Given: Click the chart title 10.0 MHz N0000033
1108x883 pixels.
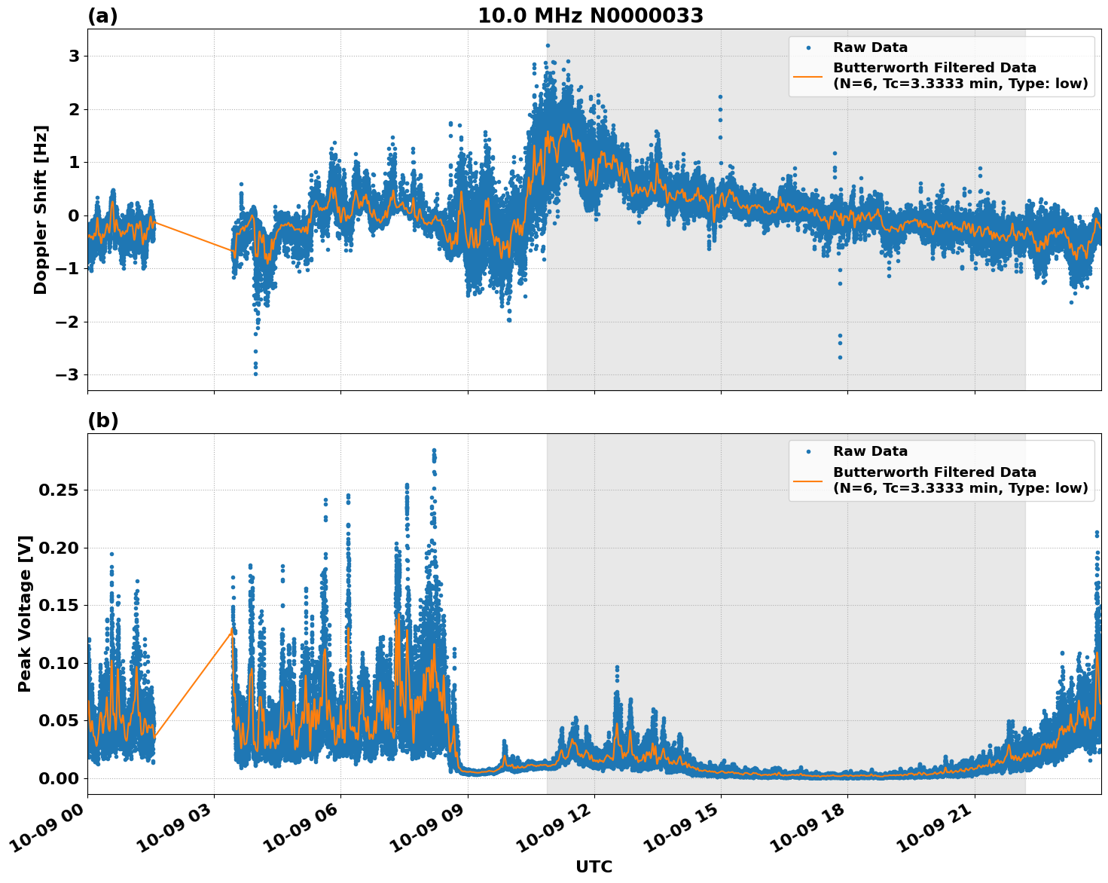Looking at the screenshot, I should pyautogui.click(x=590, y=16).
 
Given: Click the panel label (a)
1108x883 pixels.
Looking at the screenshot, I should pyautogui.click(x=102, y=16).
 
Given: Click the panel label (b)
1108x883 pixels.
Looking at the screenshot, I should pyautogui.click(x=102, y=420).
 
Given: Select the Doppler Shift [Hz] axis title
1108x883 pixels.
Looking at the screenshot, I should pyautogui.click(x=41, y=209).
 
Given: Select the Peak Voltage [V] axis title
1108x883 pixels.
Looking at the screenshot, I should pyautogui.click(x=25, y=613).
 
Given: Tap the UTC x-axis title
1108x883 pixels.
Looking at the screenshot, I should pyautogui.click(x=594, y=866).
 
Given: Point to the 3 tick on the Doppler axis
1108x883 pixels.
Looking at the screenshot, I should pyautogui.click(x=74, y=57).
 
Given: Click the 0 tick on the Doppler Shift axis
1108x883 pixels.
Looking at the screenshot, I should pyautogui.click(x=74, y=216).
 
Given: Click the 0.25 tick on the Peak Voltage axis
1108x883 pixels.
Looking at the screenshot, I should pyautogui.click(x=59, y=490).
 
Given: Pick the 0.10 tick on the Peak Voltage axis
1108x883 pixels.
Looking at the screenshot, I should pyautogui.click(x=59, y=663).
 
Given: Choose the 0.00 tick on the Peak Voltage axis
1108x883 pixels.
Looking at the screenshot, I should pyautogui.click(x=59, y=778).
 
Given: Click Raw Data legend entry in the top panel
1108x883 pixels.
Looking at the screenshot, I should pyautogui.click(x=870, y=47).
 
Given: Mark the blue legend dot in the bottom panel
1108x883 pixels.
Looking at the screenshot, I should pyautogui.click(x=808, y=452).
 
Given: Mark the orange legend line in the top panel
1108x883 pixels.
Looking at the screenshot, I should pyautogui.click(x=808, y=76).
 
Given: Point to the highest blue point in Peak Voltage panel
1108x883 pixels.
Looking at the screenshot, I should pyautogui.click(x=434, y=451).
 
